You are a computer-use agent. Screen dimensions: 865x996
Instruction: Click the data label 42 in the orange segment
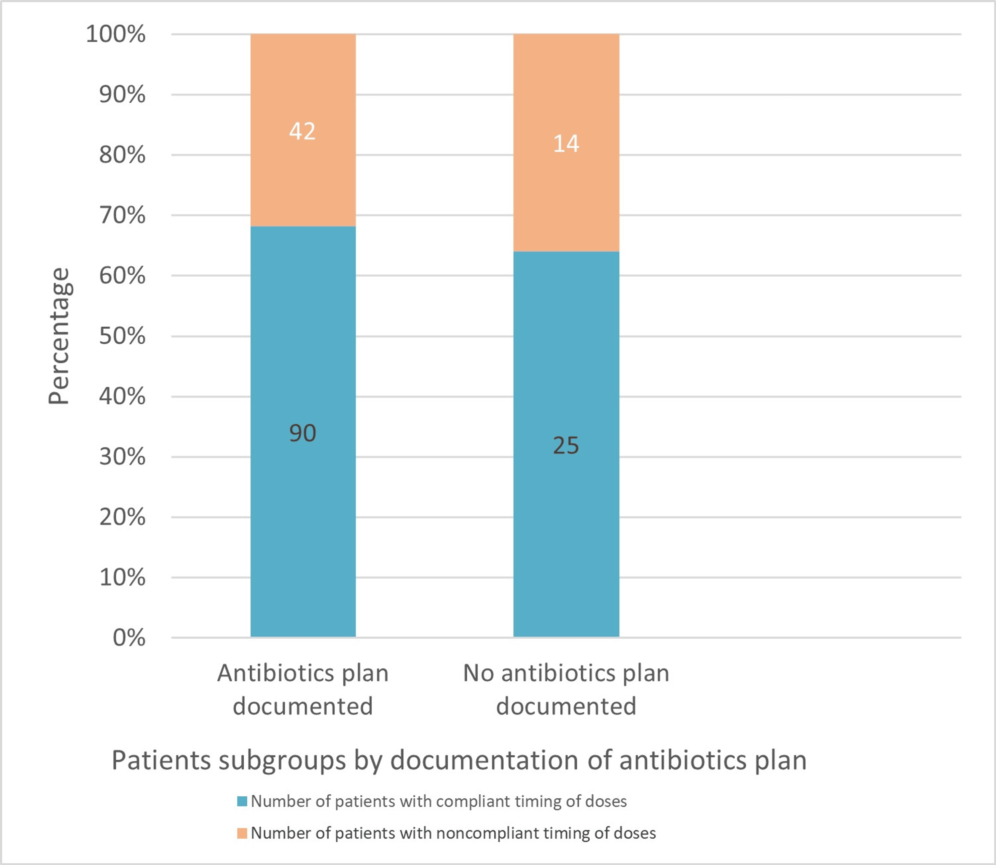click(302, 131)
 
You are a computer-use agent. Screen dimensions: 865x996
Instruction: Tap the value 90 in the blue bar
click(302, 433)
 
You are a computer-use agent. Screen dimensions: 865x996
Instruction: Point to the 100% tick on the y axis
click(116, 34)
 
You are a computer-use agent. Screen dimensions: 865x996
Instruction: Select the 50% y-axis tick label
click(122, 336)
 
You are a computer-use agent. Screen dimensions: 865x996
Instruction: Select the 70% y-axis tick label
click(122, 215)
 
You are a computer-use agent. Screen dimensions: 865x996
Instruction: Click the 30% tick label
click(122, 457)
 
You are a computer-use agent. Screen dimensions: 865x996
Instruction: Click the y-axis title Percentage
click(59, 336)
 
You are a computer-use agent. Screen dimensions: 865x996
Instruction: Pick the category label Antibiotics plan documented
click(302, 689)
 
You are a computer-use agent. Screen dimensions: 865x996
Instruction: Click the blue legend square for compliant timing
click(242, 801)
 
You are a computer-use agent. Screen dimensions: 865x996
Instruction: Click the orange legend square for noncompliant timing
click(242, 833)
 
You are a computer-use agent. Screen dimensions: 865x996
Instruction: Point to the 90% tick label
click(122, 95)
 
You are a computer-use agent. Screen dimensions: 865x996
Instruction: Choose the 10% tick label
click(122, 578)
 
